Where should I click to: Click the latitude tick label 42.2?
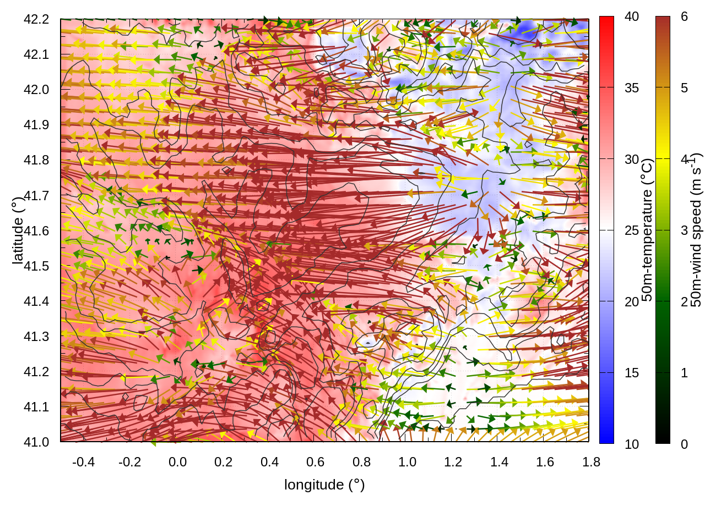coord(36,19)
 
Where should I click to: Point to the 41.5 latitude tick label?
coord(36,266)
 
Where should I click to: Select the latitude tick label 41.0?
coord(36,442)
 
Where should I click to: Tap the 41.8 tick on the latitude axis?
coord(36,160)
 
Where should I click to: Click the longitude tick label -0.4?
coord(83,462)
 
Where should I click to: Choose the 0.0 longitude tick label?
coord(177,462)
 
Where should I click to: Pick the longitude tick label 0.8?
coord(361,462)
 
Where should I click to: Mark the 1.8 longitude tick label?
coord(591,462)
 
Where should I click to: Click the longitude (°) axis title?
coord(324,485)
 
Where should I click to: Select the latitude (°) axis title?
coord(18,230)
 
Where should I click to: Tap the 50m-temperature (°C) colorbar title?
coord(648,230)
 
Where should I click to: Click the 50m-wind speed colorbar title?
coord(696,230)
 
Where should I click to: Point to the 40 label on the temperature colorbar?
coord(632,16)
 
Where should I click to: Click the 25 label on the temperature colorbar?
coord(632,230)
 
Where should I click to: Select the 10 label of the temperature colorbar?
coord(632,444)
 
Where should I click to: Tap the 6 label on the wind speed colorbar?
coord(684,16)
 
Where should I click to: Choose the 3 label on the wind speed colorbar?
coord(684,230)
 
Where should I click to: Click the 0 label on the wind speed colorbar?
coord(684,444)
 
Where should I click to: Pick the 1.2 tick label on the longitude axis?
coord(453,462)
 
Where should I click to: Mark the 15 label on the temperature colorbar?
coord(632,373)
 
